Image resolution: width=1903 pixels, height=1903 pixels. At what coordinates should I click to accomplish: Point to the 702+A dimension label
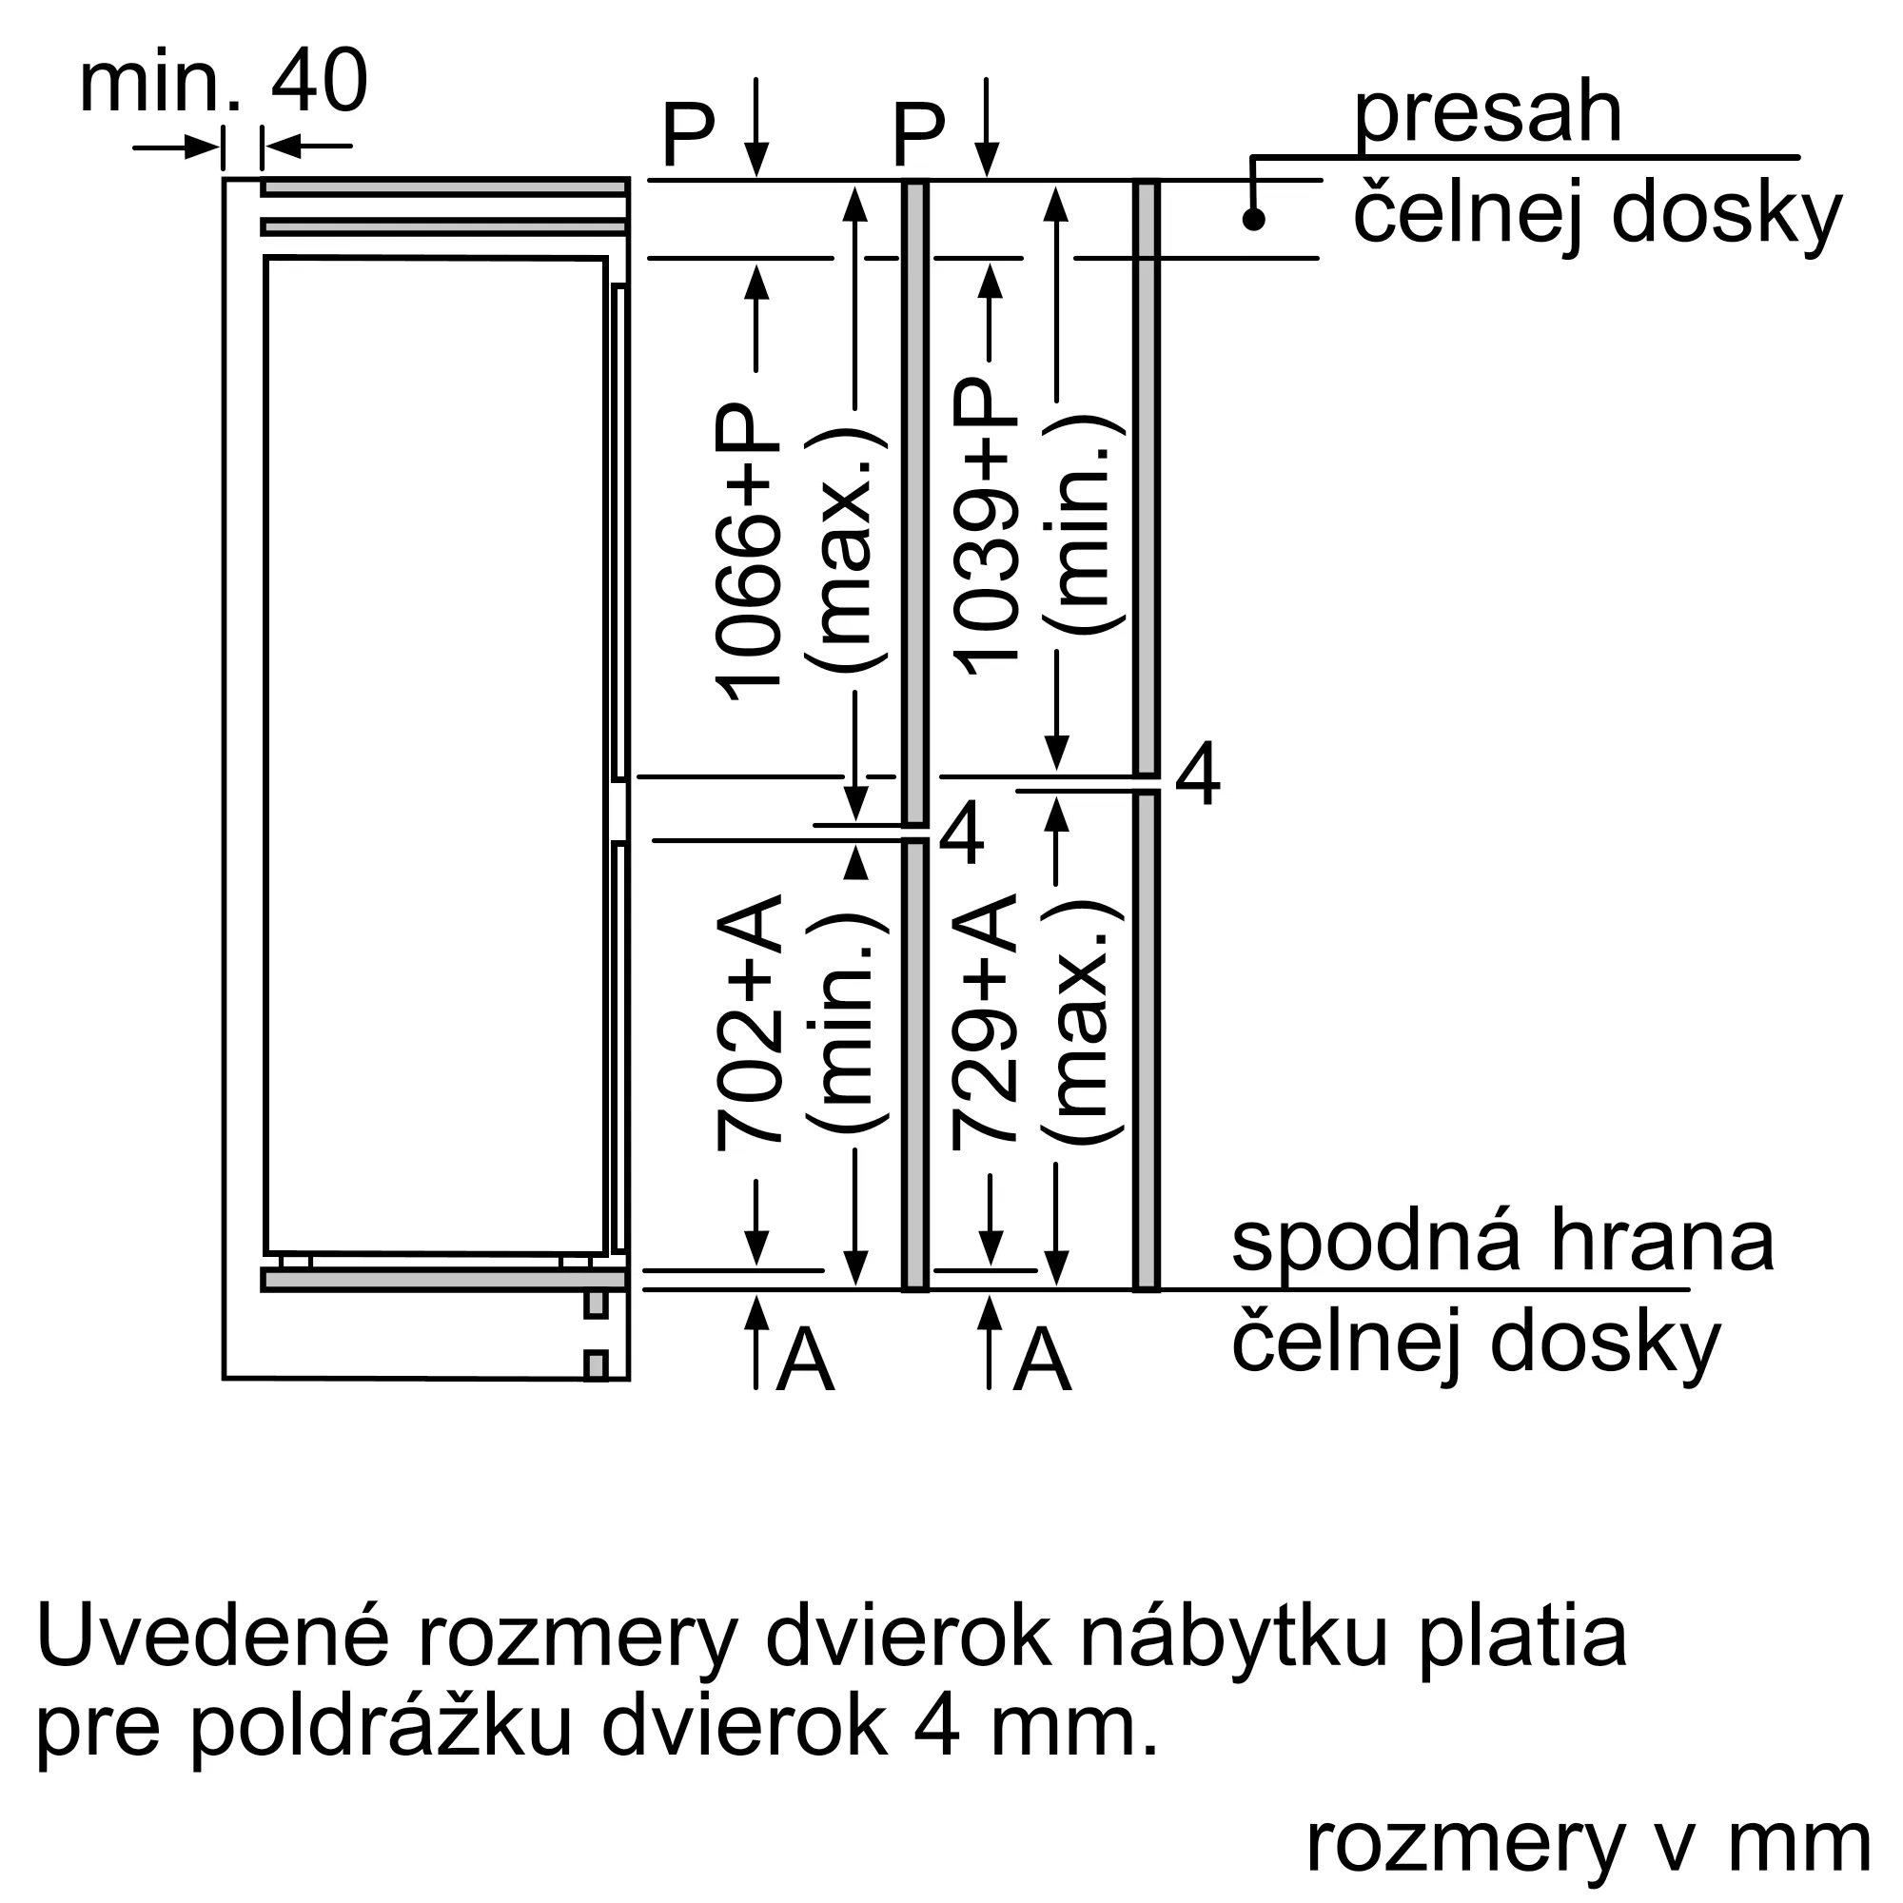point(749,1023)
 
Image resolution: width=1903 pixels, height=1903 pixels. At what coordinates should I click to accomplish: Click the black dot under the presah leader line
point(1253,219)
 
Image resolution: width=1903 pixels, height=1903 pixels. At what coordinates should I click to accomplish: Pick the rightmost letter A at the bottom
point(1043,1360)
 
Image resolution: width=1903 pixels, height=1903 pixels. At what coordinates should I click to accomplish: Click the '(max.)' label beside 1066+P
point(845,553)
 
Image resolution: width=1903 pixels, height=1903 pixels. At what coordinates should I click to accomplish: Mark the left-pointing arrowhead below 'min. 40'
point(282,147)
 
